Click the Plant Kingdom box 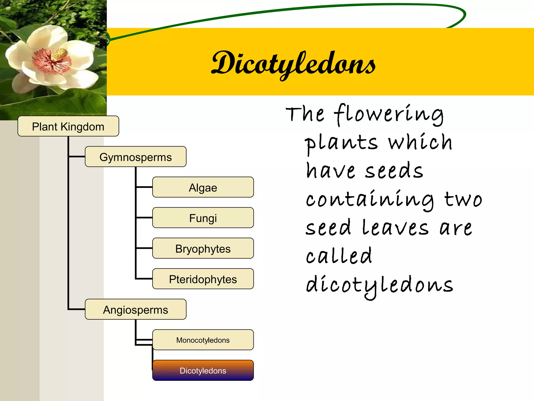point(68,126)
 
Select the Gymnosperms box point(135,157)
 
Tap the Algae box point(203,187)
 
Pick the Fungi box point(203,218)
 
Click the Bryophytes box point(203,248)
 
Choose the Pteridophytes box point(203,279)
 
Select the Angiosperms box point(135,309)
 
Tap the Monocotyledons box point(203,340)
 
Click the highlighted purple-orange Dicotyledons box point(203,370)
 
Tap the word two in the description point(463,200)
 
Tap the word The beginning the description point(305,115)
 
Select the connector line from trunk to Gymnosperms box point(77,157)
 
